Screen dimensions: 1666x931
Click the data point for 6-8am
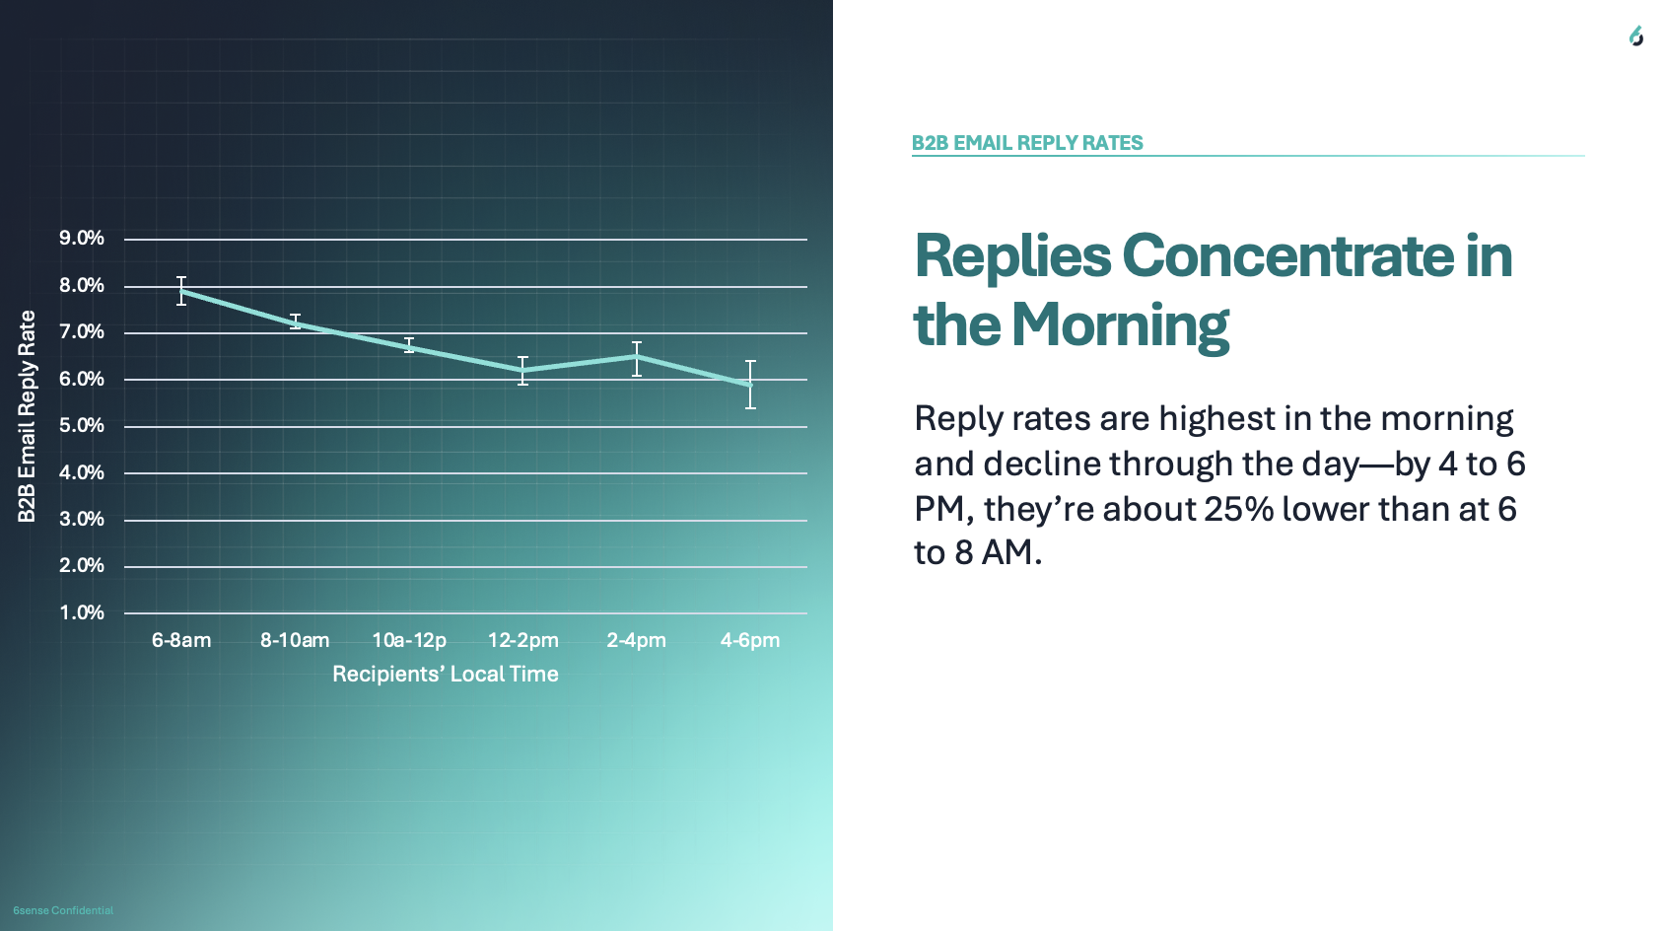click(181, 291)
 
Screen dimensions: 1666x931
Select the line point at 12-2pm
click(522, 371)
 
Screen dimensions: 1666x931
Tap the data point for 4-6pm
click(750, 385)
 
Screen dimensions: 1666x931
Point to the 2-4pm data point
click(637, 357)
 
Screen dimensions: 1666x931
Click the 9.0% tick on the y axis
click(82, 238)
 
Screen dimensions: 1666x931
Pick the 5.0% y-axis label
click(82, 426)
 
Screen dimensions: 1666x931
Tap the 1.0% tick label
click(82, 612)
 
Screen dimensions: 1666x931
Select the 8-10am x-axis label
click(295, 640)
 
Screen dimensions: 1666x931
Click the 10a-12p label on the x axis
click(409, 640)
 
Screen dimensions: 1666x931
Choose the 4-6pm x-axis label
click(749, 640)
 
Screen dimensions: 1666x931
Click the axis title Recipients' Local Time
click(446, 675)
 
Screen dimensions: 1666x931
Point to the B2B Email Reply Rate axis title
click(27, 417)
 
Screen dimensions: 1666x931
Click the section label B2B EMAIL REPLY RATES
click(1027, 143)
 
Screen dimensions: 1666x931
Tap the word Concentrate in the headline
click(1287, 256)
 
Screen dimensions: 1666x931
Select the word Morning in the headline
click(1120, 325)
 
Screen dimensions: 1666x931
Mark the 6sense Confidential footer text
click(63, 910)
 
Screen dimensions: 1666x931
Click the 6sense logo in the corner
click(1635, 36)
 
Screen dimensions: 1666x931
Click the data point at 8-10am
click(296, 322)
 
